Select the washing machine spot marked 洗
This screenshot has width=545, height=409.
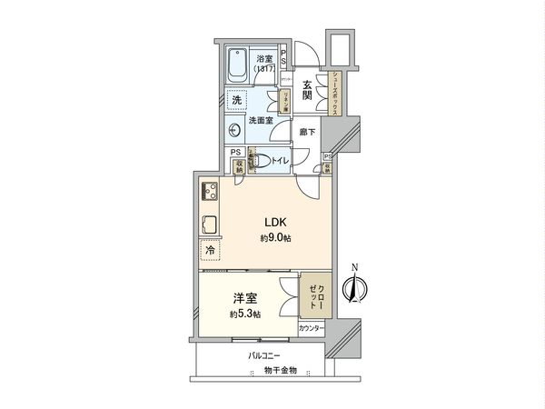coord(236,99)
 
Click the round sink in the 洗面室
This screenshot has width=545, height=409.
coord(234,128)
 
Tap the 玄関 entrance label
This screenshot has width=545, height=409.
coord(308,91)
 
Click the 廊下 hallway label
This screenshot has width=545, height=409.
coord(308,133)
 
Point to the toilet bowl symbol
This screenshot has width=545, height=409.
coord(261,161)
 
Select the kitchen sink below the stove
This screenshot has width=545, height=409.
coord(208,224)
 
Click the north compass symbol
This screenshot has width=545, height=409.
coord(354,289)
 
